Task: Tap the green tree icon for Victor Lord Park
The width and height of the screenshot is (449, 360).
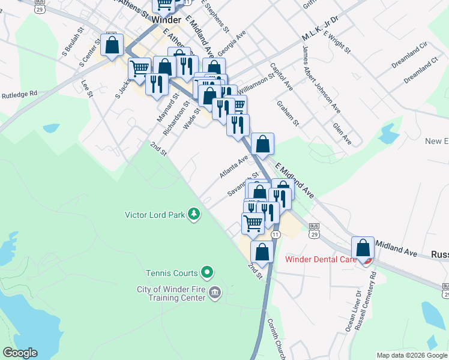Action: click(x=194, y=214)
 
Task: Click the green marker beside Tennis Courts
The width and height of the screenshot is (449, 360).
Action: click(x=207, y=273)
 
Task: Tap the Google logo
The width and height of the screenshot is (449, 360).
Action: click(x=19, y=353)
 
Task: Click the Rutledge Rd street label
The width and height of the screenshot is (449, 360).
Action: click(x=19, y=94)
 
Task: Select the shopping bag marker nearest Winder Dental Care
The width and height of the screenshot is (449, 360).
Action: click(x=363, y=248)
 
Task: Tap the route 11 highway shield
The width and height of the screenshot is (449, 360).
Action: click(x=275, y=233)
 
